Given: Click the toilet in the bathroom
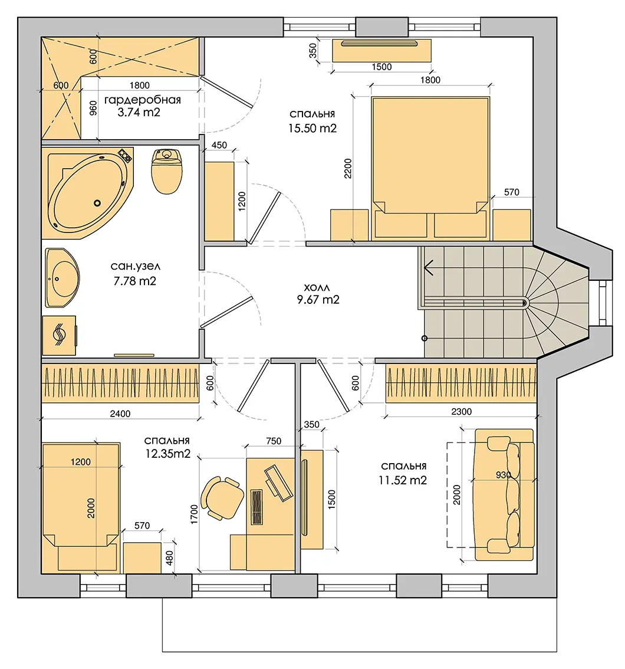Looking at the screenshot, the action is (x=167, y=170).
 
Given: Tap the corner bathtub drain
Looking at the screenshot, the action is (x=97, y=204).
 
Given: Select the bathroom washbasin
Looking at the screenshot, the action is (x=63, y=278).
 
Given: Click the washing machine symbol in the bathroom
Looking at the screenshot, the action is (x=60, y=335).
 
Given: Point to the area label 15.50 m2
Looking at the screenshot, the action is (x=312, y=128).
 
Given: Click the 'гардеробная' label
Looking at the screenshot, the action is (x=143, y=100).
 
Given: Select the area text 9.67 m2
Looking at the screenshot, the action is (x=318, y=300).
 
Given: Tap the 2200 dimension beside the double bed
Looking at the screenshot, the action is (x=348, y=168).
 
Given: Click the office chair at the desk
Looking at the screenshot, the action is (x=222, y=498).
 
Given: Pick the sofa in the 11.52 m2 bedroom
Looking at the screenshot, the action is (x=504, y=494).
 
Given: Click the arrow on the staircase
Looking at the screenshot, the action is (x=429, y=268).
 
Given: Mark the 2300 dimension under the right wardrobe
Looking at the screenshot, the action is (x=461, y=412).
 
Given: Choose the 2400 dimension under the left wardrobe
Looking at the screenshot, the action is (x=120, y=414).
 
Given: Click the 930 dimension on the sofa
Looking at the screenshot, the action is (x=504, y=474).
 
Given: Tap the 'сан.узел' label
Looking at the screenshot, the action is (x=136, y=266).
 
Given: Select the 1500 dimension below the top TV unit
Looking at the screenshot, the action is (x=381, y=67).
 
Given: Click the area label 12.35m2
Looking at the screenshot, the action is (x=167, y=454).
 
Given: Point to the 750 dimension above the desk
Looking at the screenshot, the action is (x=274, y=441).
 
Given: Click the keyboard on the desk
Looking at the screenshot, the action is (x=256, y=507).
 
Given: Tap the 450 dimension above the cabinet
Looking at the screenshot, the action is (x=219, y=145).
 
